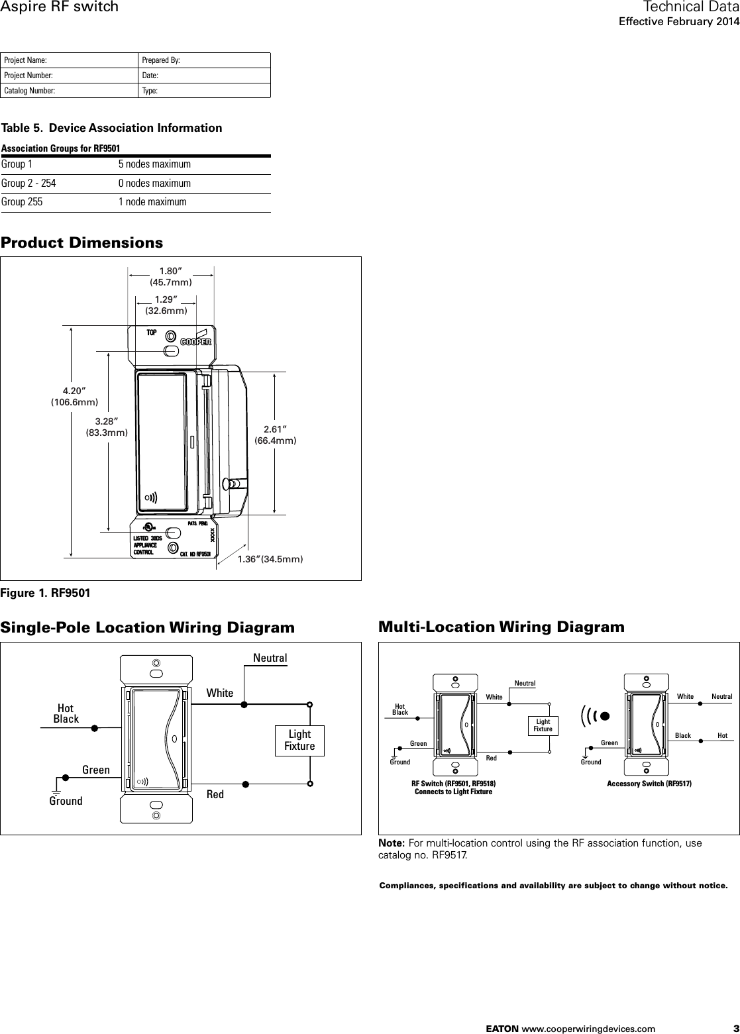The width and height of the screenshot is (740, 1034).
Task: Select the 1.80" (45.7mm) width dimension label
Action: tap(170, 277)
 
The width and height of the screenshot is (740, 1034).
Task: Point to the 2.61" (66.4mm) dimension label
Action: tap(275, 435)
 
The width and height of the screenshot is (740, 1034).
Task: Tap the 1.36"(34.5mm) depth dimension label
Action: tap(270, 560)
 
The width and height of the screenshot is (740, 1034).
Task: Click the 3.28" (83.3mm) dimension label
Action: tap(106, 427)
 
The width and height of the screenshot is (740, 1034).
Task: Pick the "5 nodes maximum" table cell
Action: tap(154, 164)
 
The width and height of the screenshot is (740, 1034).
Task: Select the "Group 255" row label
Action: tap(22, 202)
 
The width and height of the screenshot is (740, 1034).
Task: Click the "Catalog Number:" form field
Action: tap(70, 91)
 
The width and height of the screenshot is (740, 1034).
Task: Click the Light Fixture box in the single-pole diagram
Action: tap(299, 740)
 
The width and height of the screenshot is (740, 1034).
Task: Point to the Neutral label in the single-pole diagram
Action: tap(270, 658)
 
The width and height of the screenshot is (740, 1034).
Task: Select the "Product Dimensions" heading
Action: tap(81, 242)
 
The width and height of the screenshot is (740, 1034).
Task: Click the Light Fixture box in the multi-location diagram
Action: tap(543, 725)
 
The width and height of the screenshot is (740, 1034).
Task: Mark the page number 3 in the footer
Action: tap(727, 1028)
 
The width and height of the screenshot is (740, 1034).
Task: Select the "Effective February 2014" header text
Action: tap(678, 22)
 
